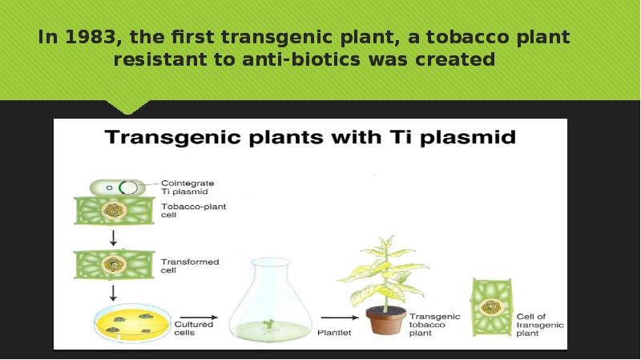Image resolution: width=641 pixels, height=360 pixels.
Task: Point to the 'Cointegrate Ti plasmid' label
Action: coord(187,188)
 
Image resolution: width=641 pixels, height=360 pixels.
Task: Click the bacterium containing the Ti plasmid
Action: coord(114,187)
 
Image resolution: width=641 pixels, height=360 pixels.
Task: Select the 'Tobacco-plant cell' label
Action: coord(192,210)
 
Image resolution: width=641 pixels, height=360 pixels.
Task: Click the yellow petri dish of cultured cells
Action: coord(126,322)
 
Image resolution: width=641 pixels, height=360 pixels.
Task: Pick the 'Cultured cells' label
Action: coord(193,328)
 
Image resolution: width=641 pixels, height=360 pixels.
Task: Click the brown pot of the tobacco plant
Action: coord(386,320)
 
